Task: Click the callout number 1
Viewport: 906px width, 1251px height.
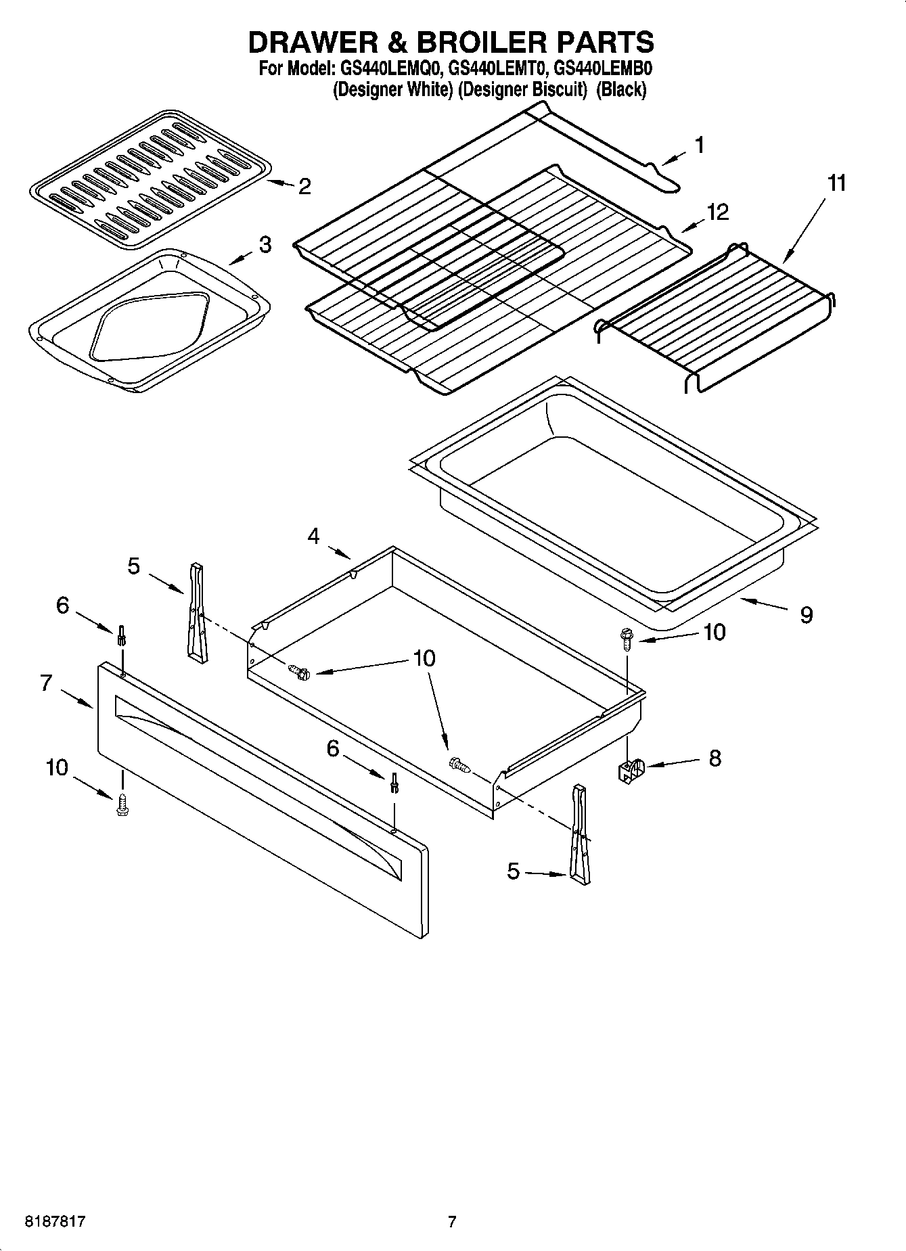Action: pyautogui.click(x=700, y=145)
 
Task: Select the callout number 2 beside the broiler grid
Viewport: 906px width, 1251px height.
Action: pyautogui.click(x=304, y=187)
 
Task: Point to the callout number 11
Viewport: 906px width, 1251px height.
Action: pyautogui.click(x=837, y=183)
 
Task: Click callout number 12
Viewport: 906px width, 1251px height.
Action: pyautogui.click(x=717, y=212)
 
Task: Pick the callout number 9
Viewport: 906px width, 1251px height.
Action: pyautogui.click(x=806, y=614)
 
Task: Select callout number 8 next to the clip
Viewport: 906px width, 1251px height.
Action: pyautogui.click(x=715, y=758)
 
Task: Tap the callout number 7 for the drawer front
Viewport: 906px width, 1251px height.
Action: pyautogui.click(x=46, y=683)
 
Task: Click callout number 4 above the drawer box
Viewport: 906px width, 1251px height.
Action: pyautogui.click(x=313, y=537)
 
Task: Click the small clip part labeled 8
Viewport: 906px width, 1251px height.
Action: pyautogui.click(x=631, y=770)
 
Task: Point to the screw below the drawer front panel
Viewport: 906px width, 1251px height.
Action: pyautogui.click(x=122, y=805)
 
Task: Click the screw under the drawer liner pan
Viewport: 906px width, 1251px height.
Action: pyautogui.click(x=625, y=639)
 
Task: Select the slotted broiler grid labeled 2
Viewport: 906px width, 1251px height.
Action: pyautogui.click(x=151, y=178)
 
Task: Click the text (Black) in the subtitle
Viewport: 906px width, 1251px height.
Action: pyautogui.click(x=621, y=89)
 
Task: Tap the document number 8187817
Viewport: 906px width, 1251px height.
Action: pyautogui.click(x=55, y=1221)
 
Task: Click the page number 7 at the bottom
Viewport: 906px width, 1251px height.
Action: pyautogui.click(x=452, y=1221)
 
